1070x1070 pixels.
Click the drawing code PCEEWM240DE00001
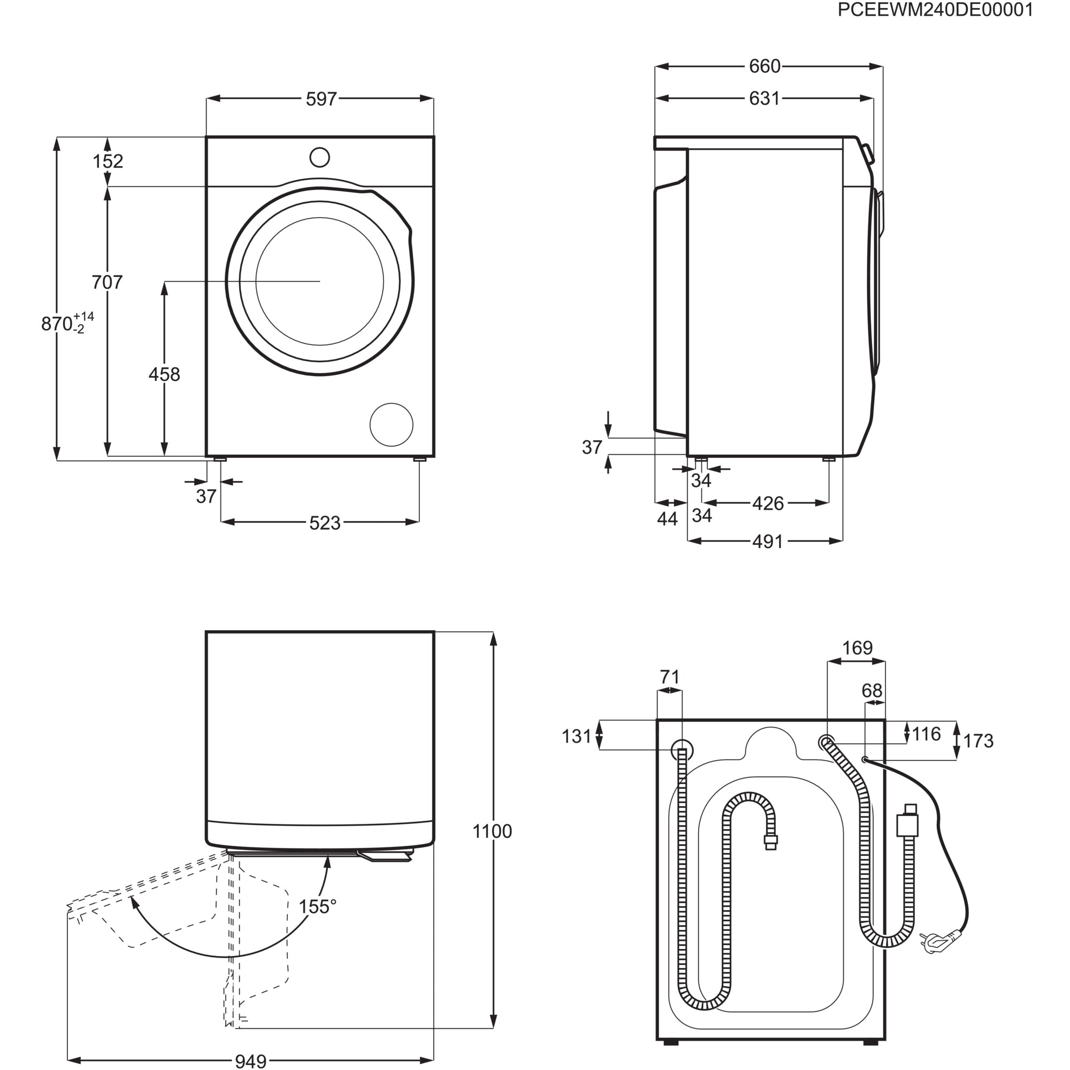pyautogui.click(x=935, y=11)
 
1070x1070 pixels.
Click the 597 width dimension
pyautogui.click(x=321, y=99)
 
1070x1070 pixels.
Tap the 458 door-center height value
pyautogui.click(x=164, y=375)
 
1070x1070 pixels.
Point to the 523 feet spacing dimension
pyautogui.click(x=325, y=523)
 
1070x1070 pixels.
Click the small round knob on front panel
pyautogui.click(x=319, y=157)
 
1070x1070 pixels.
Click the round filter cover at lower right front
pyautogui.click(x=391, y=425)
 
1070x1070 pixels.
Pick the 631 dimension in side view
pyautogui.click(x=765, y=98)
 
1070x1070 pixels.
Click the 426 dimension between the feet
pyautogui.click(x=768, y=503)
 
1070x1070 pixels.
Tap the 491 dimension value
pyautogui.click(x=768, y=541)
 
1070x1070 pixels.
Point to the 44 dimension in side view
pyautogui.click(x=667, y=519)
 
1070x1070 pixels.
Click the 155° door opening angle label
pyautogui.click(x=317, y=907)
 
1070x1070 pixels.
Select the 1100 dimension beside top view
pyautogui.click(x=492, y=831)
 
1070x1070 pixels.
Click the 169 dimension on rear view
pyautogui.click(x=857, y=648)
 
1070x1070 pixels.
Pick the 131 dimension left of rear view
pyautogui.click(x=577, y=737)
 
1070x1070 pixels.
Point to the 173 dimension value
pyautogui.click(x=978, y=741)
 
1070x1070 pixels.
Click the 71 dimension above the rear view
pyautogui.click(x=670, y=677)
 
